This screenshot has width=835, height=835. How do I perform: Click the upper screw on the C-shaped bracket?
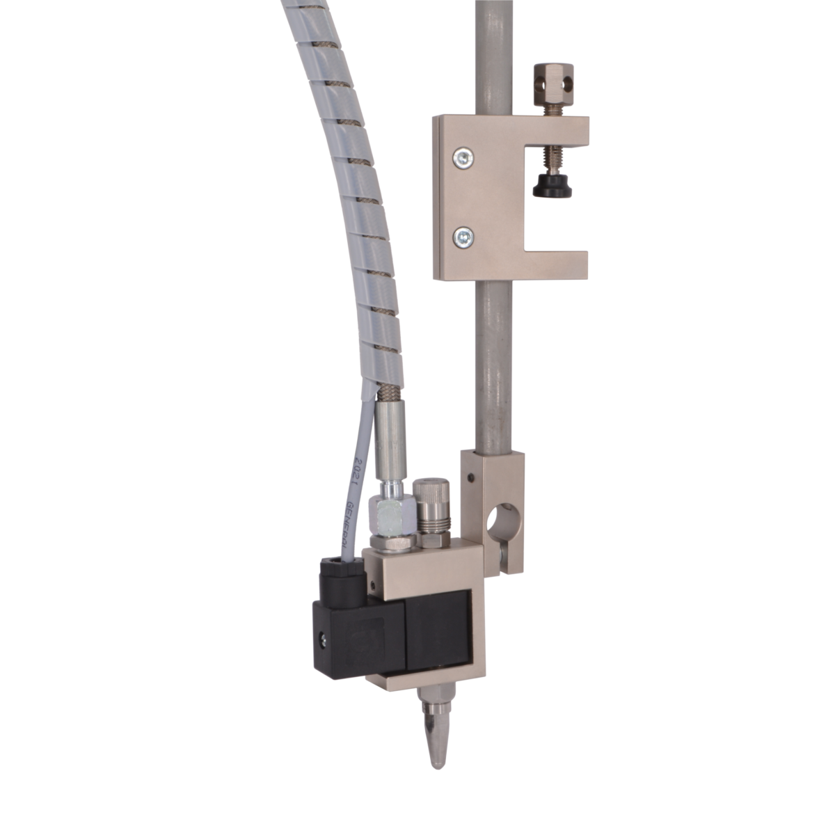pos(461,157)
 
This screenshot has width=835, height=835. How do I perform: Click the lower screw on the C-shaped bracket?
pos(461,238)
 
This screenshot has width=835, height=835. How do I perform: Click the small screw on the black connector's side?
pos(323,636)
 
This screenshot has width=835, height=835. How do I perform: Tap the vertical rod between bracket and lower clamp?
pos(493,362)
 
